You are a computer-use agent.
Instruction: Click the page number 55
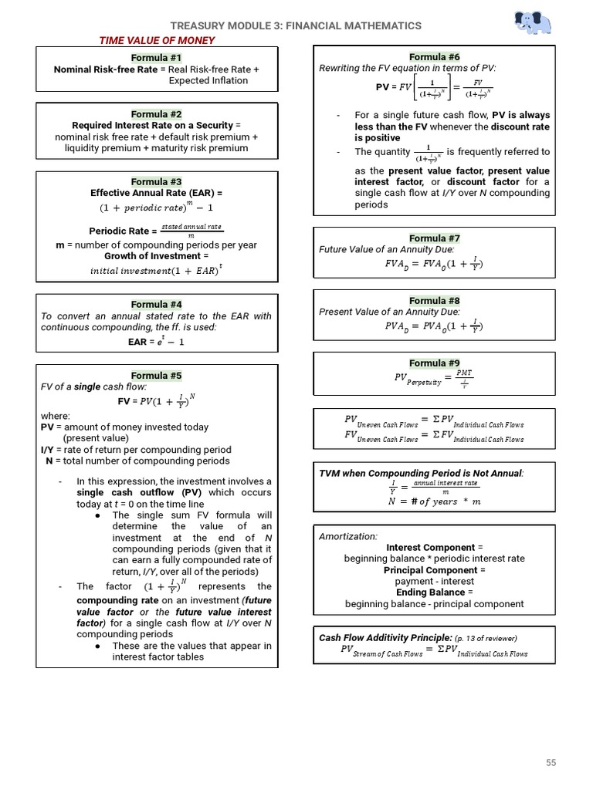click(x=551, y=763)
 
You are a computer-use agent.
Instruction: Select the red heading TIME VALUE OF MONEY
click(x=156, y=40)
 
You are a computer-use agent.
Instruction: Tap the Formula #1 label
click(x=156, y=58)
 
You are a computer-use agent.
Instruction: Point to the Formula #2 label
click(x=156, y=113)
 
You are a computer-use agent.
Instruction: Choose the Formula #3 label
click(x=156, y=181)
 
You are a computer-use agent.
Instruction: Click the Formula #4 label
click(x=156, y=304)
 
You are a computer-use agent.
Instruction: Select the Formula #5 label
click(x=156, y=376)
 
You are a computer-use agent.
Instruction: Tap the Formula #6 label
click(x=434, y=57)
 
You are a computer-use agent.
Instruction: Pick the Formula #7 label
click(x=434, y=238)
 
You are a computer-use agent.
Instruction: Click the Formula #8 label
click(x=434, y=301)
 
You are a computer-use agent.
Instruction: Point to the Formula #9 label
click(x=434, y=363)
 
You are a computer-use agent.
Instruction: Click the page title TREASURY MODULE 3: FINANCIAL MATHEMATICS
click(x=296, y=25)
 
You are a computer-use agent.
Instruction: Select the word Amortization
click(x=348, y=536)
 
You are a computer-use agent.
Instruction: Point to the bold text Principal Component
click(x=434, y=570)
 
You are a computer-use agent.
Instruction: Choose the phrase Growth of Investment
click(x=156, y=255)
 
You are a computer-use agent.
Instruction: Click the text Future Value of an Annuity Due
click(x=387, y=249)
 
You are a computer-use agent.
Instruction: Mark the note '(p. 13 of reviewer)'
click(x=486, y=638)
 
